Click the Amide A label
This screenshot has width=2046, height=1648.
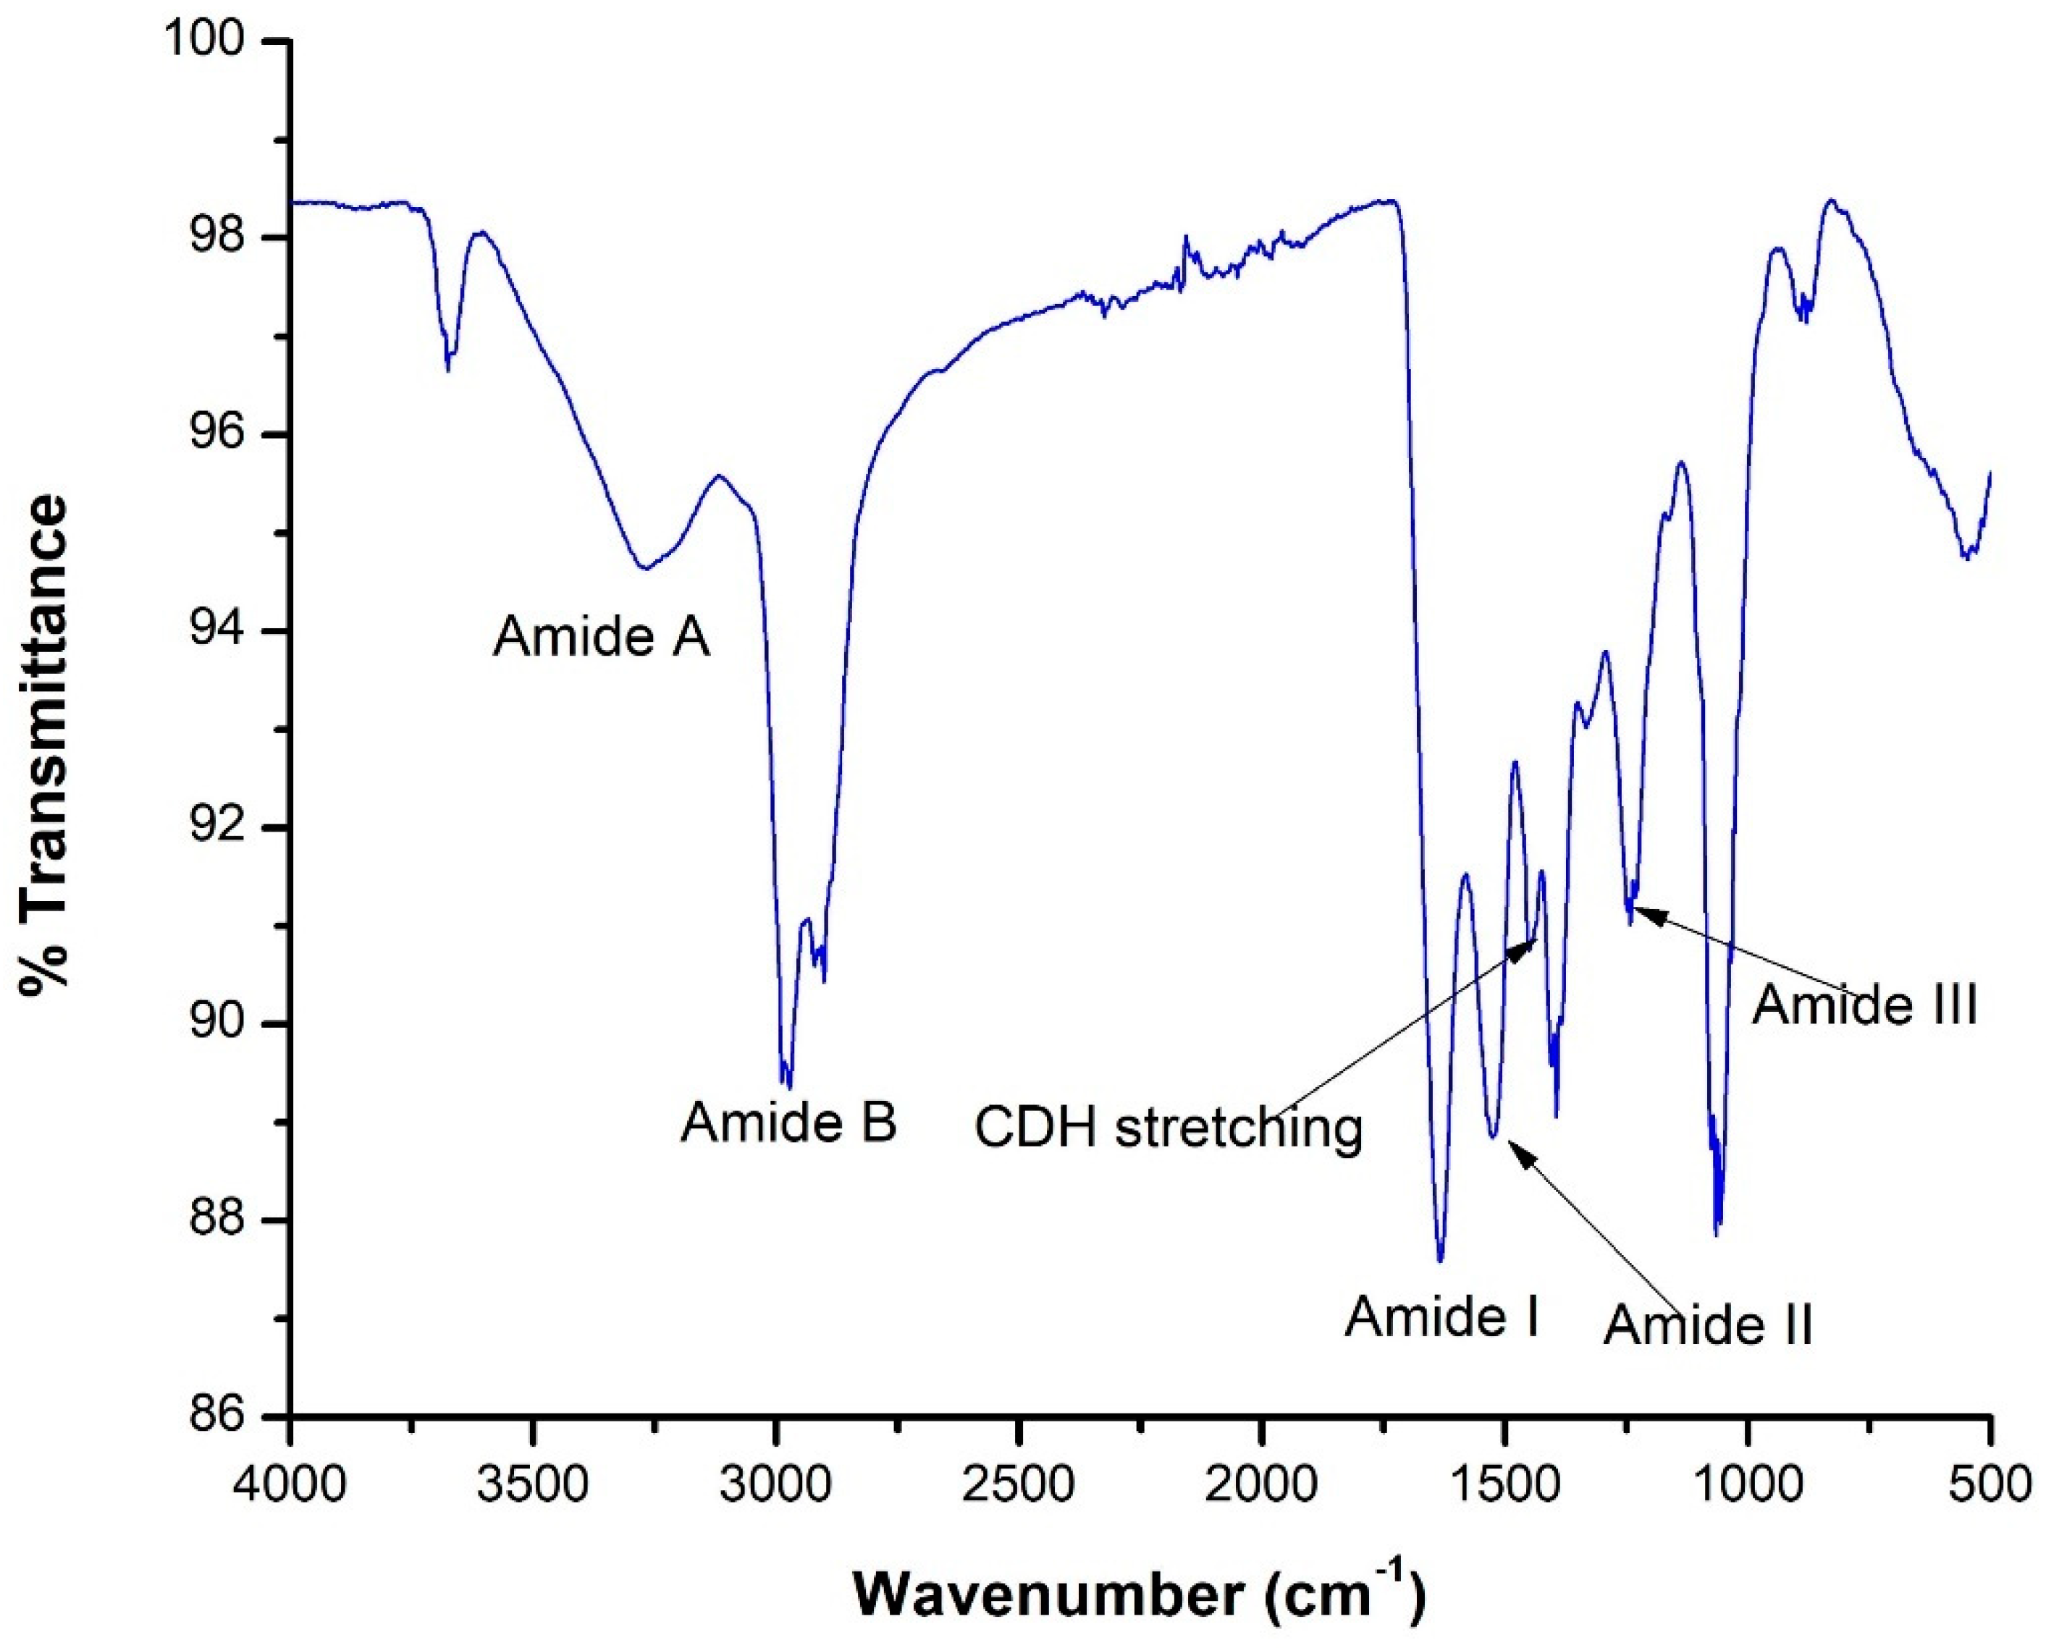pyautogui.click(x=601, y=636)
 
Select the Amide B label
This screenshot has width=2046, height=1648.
pyautogui.click(x=788, y=1123)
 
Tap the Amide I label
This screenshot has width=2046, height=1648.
pyautogui.click(x=1441, y=1317)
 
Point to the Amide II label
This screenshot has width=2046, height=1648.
pyautogui.click(x=1708, y=1324)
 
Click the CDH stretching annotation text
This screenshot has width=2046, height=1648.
pyautogui.click(x=1169, y=1129)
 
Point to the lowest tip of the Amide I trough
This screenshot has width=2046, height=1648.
pyautogui.click(x=1440, y=1261)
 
